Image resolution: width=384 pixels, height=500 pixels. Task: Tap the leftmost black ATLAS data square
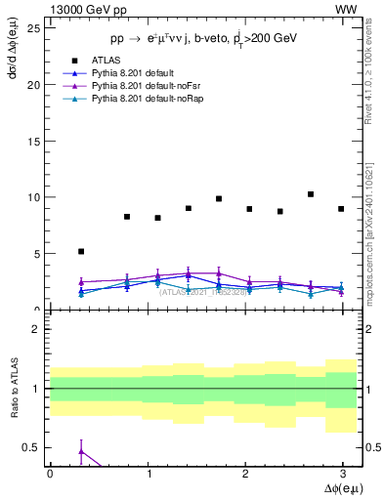tap(81, 251)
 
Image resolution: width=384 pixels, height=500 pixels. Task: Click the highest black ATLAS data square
tap(311, 194)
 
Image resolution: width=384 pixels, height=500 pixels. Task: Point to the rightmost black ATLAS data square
tap(341, 209)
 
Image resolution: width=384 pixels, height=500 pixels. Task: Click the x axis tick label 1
tap(148, 473)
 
